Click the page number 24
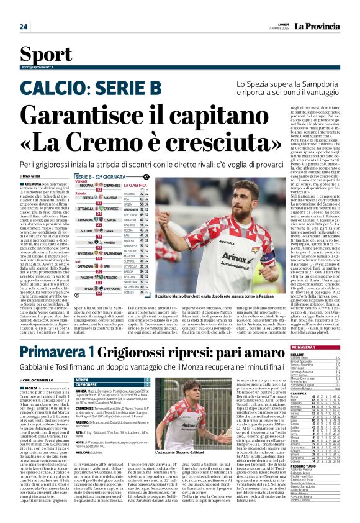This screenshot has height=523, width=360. (24, 27)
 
